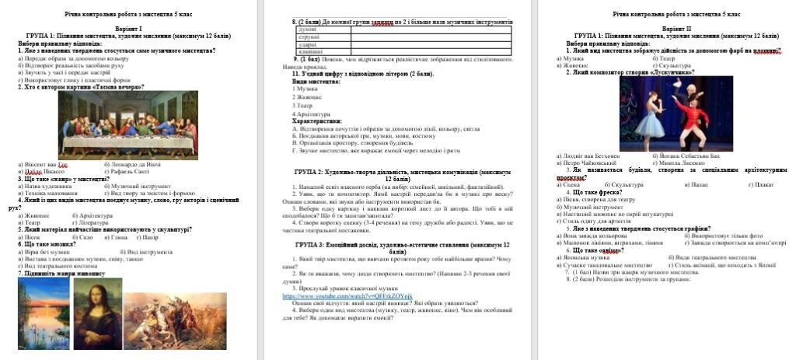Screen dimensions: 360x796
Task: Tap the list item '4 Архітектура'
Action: (x=313, y=114)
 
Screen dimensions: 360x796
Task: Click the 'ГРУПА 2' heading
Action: (x=393, y=173)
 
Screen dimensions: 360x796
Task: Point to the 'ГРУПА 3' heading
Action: (x=393, y=245)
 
